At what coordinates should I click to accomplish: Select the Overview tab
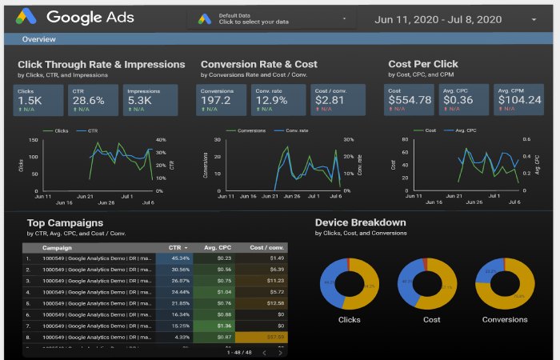pyautogui.click(x=38, y=39)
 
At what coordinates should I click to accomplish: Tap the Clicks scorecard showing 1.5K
pyautogui.click(x=38, y=101)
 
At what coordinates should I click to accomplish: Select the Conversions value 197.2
pyautogui.click(x=218, y=101)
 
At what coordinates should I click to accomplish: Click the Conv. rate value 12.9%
pyautogui.click(x=274, y=101)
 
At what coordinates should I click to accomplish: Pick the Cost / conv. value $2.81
pyautogui.click(x=330, y=101)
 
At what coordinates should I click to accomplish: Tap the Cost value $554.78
pyautogui.click(x=410, y=101)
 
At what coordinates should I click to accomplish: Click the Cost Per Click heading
pyautogui.click(x=423, y=64)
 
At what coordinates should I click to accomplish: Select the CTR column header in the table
pyautogui.click(x=176, y=248)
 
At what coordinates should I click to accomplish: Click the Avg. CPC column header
pyautogui.click(x=217, y=248)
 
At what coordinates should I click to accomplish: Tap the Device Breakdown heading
pyautogui.click(x=360, y=222)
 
